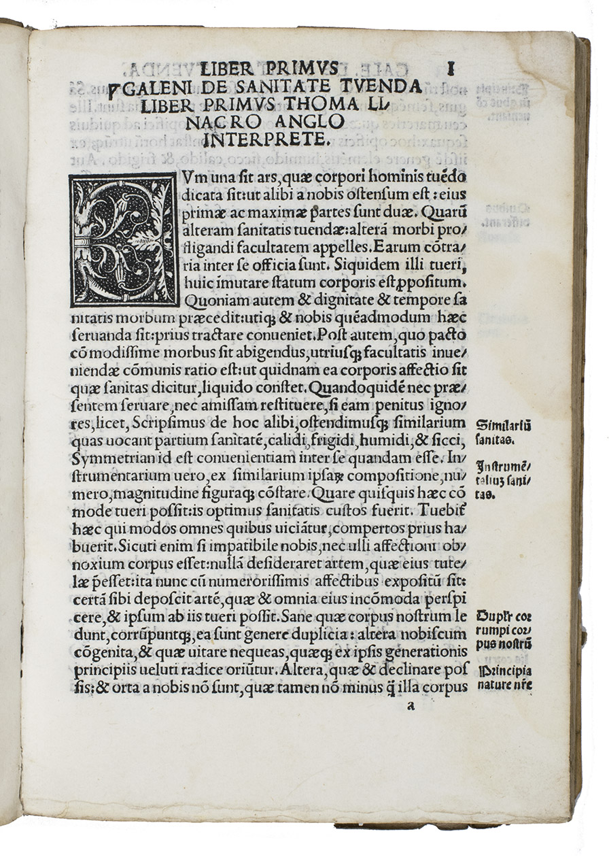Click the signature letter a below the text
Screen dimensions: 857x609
coord(409,705)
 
